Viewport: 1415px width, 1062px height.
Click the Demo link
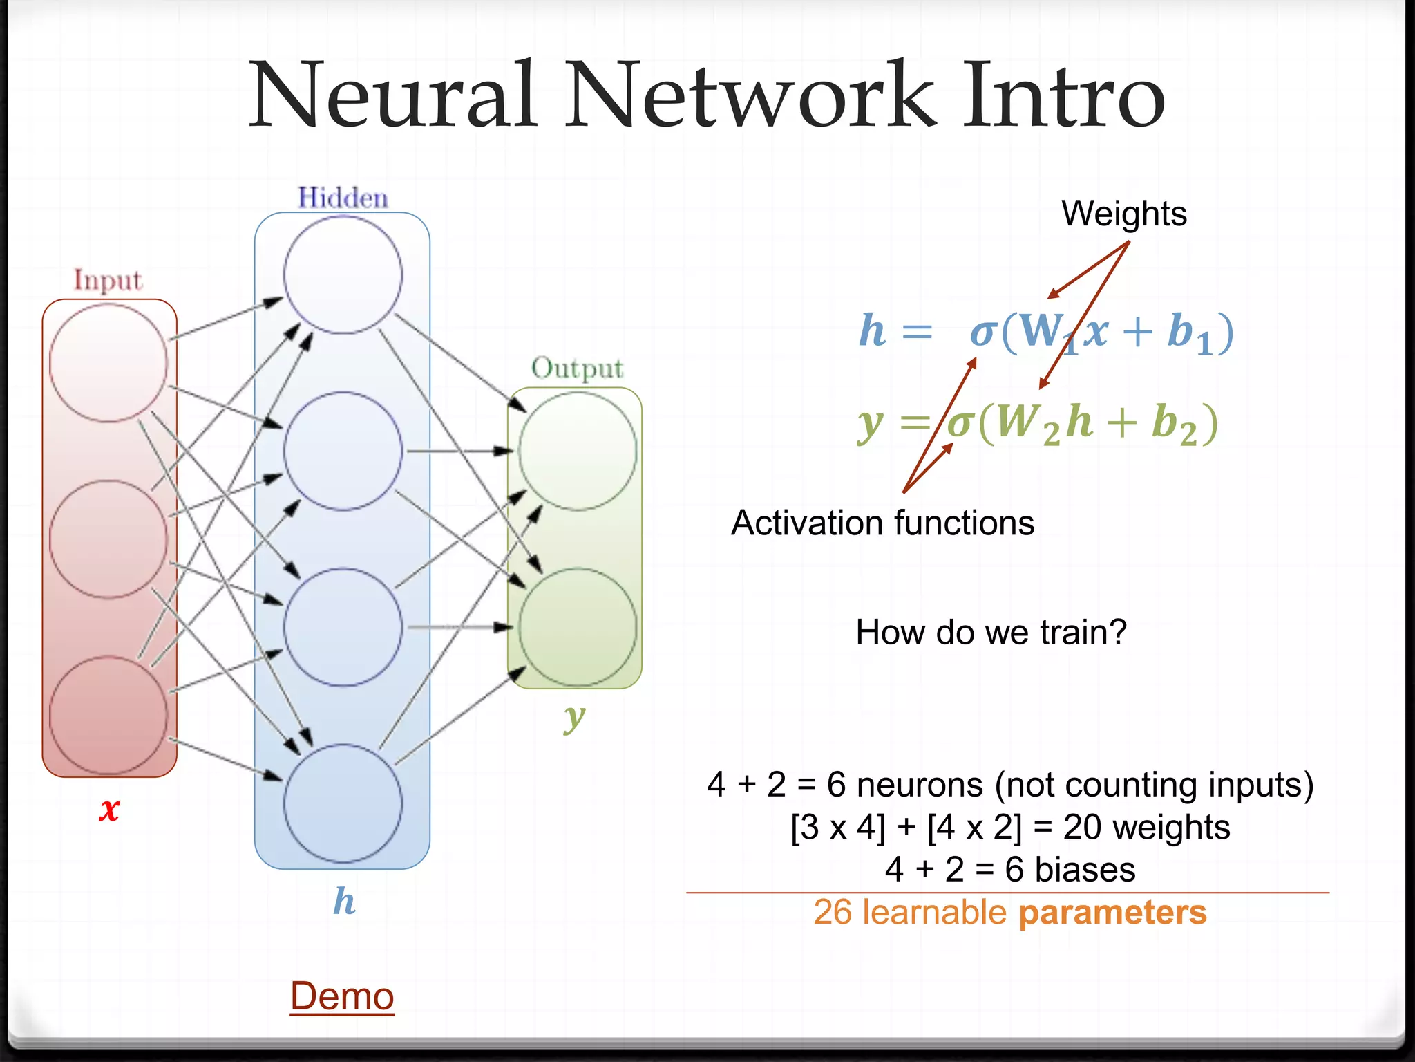tap(342, 996)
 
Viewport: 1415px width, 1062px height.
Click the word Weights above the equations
tap(1124, 213)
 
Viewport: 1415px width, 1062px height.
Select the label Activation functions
tap(882, 523)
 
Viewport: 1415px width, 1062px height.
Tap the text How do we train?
tap(991, 632)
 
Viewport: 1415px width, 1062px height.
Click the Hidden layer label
tap(343, 198)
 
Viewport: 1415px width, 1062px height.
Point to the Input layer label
tap(108, 280)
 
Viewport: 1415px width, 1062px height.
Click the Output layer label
tap(577, 369)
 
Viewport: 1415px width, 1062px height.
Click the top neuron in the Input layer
tap(108, 362)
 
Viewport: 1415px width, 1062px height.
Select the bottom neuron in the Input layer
tap(108, 715)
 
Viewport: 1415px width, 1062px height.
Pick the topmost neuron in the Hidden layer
tap(343, 274)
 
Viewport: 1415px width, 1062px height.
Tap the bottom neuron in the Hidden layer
tap(343, 803)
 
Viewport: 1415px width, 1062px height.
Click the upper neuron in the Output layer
tap(578, 451)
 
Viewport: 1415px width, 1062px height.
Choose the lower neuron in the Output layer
tap(578, 626)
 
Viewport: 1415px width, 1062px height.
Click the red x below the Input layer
tap(109, 809)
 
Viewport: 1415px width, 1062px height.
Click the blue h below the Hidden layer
tap(344, 901)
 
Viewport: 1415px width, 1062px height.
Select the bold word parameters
tap(1112, 913)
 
